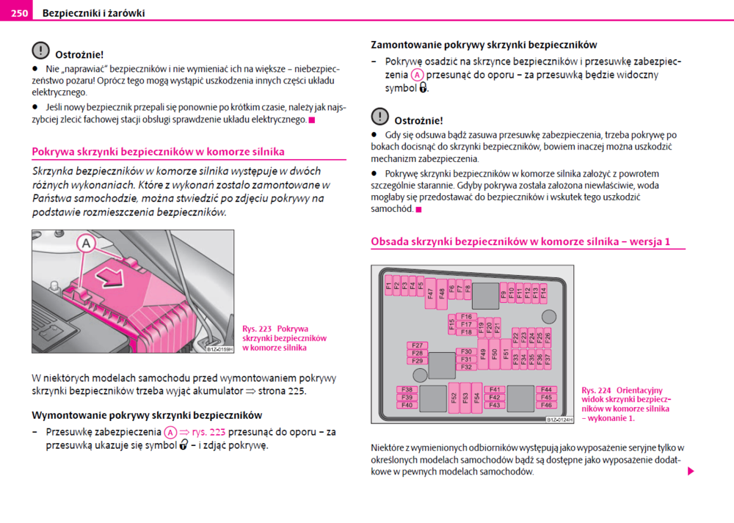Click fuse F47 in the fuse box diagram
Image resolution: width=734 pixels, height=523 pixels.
pyautogui.click(x=431, y=294)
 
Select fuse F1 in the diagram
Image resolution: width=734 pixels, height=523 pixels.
pyautogui.click(x=388, y=285)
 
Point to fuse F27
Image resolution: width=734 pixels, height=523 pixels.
pyautogui.click(x=418, y=345)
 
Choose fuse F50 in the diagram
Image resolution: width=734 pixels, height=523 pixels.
pyautogui.click(x=494, y=354)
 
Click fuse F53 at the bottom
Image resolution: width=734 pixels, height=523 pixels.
pyautogui.click(x=465, y=397)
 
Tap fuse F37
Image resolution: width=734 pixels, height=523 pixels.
pyautogui.click(x=548, y=359)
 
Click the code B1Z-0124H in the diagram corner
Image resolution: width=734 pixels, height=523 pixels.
pyautogui.click(x=559, y=420)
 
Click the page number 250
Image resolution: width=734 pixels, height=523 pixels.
pyautogui.click(x=20, y=13)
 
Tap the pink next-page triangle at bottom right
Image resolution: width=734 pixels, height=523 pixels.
pyautogui.click(x=691, y=471)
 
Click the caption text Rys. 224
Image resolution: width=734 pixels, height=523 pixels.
pyautogui.click(x=595, y=390)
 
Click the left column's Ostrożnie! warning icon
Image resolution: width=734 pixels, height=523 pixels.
pyautogui.click(x=40, y=51)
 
